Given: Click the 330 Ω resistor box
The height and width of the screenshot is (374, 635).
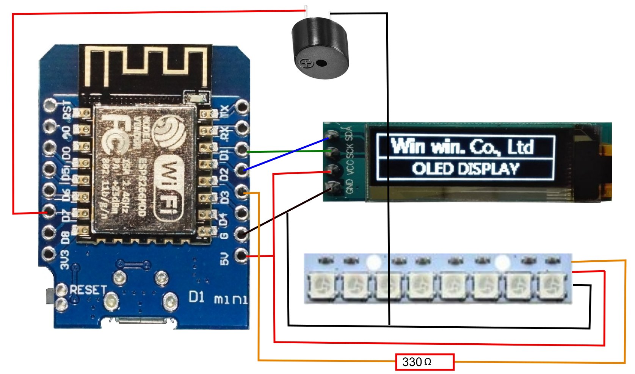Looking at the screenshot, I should [425, 362].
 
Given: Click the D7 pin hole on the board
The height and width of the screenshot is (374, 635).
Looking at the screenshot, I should [50, 211].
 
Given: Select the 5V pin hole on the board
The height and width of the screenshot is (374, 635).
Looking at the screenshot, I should [241, 255].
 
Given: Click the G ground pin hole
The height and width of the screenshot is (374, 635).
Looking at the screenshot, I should [241, 234].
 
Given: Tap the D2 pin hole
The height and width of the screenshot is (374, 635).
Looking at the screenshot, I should [241, 171].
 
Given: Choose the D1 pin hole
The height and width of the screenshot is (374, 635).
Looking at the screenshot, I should [241, 150].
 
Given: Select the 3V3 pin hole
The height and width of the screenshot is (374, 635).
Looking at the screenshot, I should [49, 254].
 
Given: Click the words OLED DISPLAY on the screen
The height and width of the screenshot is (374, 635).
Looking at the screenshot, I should [466, 169].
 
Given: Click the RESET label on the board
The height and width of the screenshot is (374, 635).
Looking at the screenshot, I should [88, 290].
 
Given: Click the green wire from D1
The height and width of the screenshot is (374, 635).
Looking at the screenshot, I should [288, 152].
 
